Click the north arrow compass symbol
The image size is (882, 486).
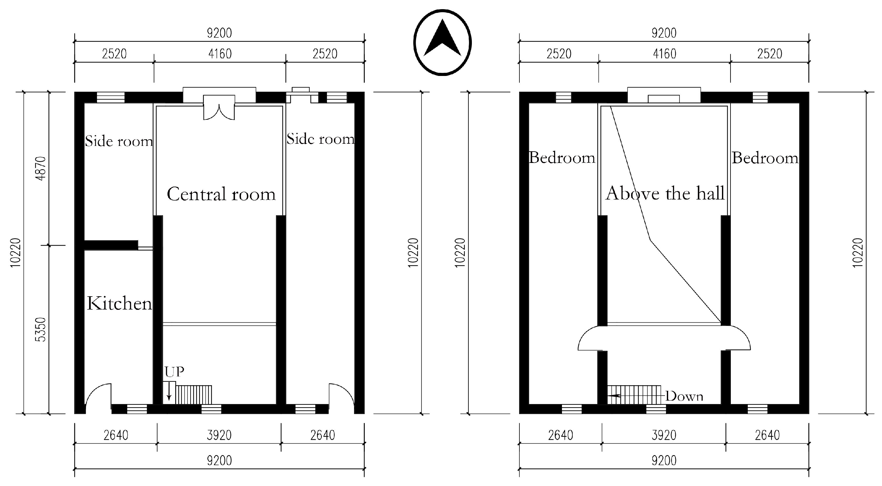coord(442,43)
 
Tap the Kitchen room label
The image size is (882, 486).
coord(119,304)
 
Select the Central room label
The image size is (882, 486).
coord(221,194)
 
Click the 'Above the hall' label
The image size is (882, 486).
coord(665,194)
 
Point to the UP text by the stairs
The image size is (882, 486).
coord(174,372)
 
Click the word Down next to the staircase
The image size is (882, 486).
coord(684,396)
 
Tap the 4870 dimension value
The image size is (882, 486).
coord(40,169)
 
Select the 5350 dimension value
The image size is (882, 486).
coord(40,329)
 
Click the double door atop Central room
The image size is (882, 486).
coord(219,108)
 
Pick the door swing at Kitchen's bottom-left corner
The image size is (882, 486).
coord(99,397)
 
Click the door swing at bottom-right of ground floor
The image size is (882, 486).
coord(341,397)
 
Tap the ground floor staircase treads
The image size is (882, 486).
coord(193,395)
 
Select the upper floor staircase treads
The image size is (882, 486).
coord(634,395)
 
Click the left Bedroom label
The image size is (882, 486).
coord(562,158)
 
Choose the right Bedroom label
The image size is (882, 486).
coord(765,158)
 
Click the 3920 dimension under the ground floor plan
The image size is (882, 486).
coord(219,435)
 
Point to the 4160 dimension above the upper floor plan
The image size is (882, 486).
coord(665,54)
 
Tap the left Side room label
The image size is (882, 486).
coord(118,142)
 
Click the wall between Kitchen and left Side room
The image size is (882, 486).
coord(111,245)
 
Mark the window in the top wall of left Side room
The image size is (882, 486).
coord(111,98)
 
